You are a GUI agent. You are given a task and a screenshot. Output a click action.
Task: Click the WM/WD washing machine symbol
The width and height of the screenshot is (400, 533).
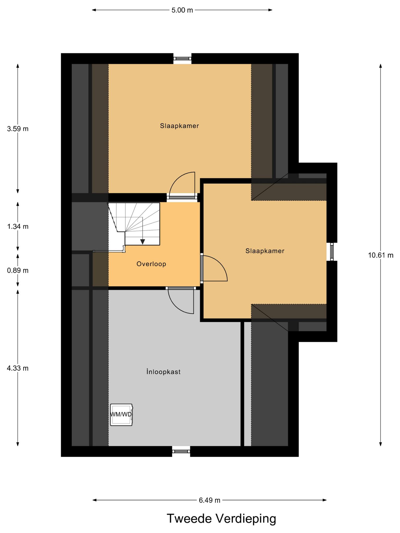(121, 415)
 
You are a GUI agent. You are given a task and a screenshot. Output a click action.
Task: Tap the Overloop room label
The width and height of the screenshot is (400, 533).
(151, 264)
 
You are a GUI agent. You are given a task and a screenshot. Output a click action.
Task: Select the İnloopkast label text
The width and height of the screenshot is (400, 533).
(163, 372)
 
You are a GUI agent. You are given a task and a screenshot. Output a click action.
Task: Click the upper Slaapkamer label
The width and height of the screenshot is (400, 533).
(179, 126)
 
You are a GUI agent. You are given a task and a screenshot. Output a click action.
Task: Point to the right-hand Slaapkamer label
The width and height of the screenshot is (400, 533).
(265, 251)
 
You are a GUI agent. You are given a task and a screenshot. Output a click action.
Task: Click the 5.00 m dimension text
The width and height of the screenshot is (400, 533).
(182, 10)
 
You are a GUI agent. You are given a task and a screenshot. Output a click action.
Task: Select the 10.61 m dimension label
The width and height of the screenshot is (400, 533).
(381, 255)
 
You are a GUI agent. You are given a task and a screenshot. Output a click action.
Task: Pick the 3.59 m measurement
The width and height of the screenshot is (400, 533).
(18, 129)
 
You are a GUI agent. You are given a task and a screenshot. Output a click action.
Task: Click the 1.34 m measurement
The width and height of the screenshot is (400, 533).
(18, 226)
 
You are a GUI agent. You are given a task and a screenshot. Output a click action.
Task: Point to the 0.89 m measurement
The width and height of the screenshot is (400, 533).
(18, 271)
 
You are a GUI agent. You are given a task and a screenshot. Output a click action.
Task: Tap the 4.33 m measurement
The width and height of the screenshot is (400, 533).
(18, 368)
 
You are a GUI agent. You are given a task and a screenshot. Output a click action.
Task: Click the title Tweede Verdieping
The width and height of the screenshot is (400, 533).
(221, 519)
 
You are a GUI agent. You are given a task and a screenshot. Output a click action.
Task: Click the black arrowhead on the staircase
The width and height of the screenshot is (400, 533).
(142, 242)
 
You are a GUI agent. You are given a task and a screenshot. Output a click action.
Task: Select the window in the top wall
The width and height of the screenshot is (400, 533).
(182, 59)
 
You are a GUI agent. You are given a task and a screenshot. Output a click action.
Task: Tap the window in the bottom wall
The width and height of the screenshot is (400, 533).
(181, 451)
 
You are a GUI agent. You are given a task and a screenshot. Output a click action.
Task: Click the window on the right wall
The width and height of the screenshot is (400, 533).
(332, 252)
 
